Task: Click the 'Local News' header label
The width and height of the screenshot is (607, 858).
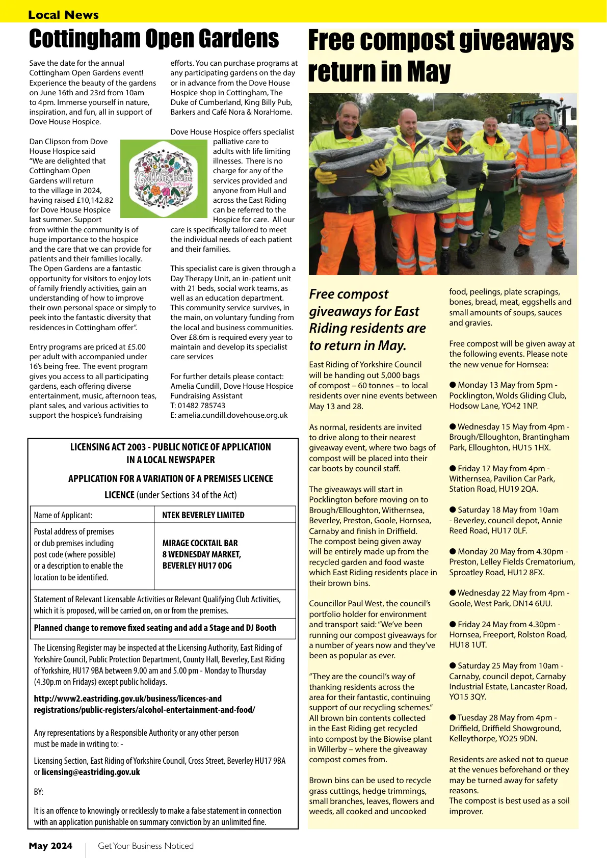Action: click(x=63, y=15)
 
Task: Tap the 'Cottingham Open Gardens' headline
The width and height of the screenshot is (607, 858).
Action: click(x=154, y=39)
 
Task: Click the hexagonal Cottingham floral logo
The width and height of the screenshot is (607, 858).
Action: click(x=163, y=177)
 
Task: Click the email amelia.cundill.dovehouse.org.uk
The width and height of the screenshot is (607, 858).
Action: click(x=229, y=415)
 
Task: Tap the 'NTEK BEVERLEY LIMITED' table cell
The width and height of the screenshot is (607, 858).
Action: click(x=203, y=515)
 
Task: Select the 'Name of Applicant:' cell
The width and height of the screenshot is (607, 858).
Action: click(x=63, y=515)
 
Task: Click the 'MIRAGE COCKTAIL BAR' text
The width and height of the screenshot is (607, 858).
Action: click(x=200, y=543)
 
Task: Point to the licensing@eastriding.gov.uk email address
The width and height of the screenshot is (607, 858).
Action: click(x=91, y=772)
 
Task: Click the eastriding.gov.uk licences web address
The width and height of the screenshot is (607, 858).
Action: click(x=144, y=704)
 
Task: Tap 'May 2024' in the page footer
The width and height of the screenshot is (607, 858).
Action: click(x=50, y=846)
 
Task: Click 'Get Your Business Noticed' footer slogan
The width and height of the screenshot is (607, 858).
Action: click(x=146, y=846)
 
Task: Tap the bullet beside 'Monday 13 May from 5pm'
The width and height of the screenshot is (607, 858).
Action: click(x=453, y=385)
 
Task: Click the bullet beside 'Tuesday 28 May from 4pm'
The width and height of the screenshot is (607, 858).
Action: click(x=453, y=718)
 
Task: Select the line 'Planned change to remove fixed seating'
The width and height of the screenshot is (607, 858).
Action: click(x=155, y=628)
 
